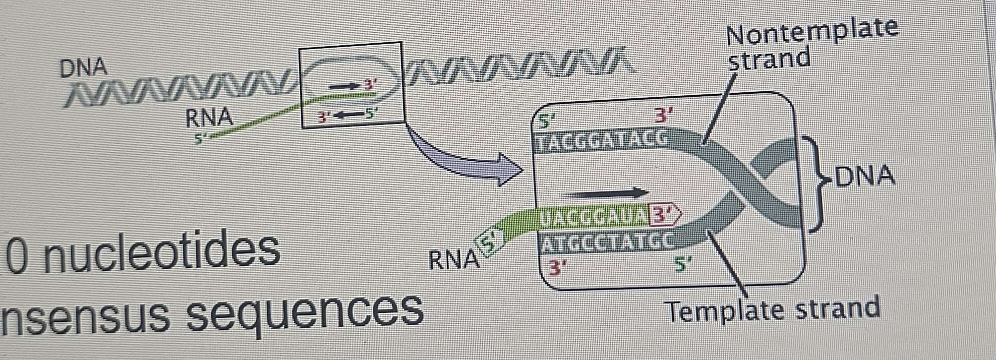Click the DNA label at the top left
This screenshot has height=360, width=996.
(x=83, y=67)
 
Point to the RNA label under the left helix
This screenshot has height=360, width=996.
(x=209, y=118)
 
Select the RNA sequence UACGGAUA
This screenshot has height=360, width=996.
(x=593, y=216)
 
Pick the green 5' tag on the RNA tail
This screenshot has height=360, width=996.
(x=489, y=243)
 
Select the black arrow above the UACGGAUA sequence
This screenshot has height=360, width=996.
(x=605, y=192)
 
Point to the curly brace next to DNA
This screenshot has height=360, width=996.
(x=817, y=183)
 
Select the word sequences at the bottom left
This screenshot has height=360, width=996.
(x=305, y=311)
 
